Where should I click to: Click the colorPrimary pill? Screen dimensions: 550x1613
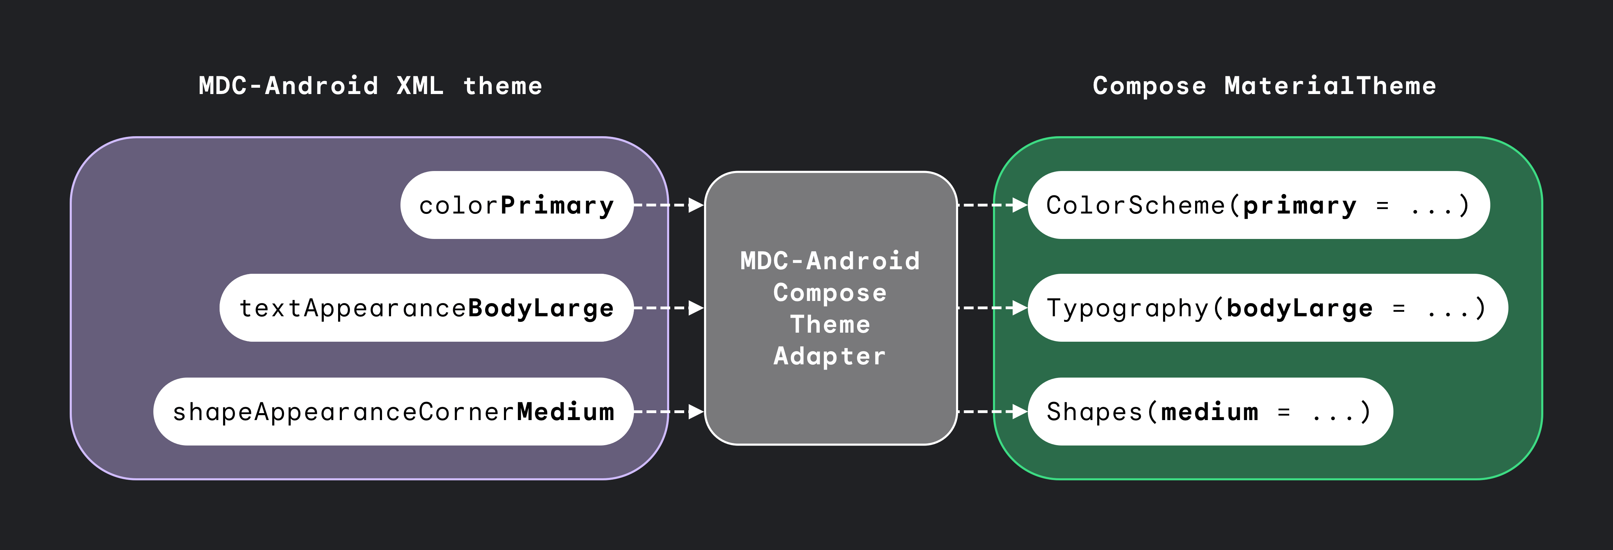(x=517, y=205)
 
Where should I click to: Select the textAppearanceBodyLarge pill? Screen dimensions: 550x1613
(x=426, y=308)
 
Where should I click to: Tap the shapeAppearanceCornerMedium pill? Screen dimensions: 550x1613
(x=393, y=412)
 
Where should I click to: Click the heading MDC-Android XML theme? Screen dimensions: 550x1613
(x=370, y=86)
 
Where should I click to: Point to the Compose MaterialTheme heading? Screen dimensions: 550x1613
(x=1264, y=86)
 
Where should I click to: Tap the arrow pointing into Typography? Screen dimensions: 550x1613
(x=993, y=308)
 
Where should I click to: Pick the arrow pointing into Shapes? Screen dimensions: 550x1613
(x=993, y=412)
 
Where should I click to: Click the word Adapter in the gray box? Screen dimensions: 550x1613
(x=830, y=356)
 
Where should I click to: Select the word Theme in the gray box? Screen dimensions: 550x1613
(x=830, y=325)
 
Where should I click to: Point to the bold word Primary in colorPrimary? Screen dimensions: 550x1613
(x=557, y=205)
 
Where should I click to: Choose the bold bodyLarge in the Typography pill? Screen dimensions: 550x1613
(x=1299, y=308)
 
